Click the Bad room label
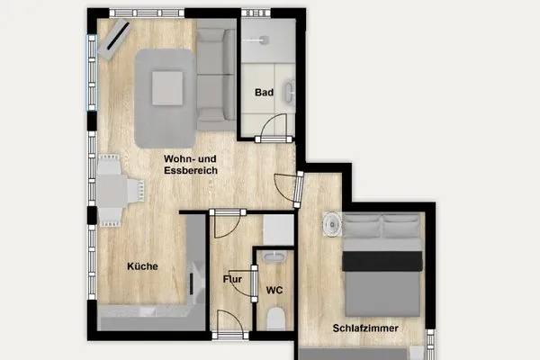pos(264,93)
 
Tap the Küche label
pos(142,265)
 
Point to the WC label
pos(274,291)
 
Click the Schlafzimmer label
pos(364,328)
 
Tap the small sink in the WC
pos(276,258)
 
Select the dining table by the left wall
pos(112,190)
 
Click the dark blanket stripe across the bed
pos(382,261)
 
